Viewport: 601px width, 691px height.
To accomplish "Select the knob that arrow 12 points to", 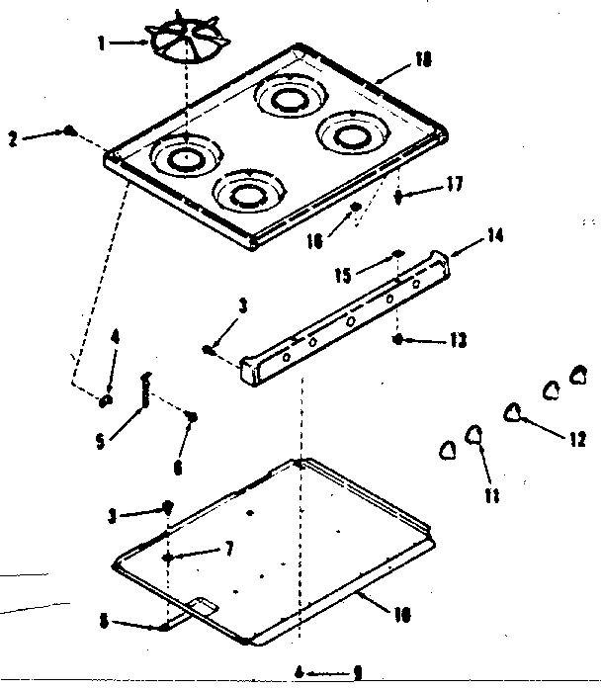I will click(x=516, y=413).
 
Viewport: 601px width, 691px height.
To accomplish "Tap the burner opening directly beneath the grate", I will click(x=185, y=156).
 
